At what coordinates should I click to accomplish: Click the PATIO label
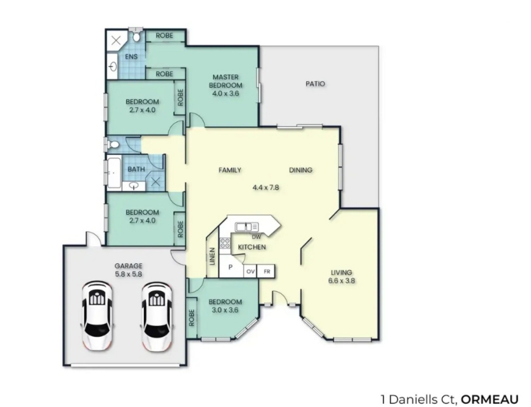pos(315,84)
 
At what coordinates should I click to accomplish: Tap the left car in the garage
pos(97,316)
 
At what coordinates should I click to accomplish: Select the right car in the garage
pos(157,316)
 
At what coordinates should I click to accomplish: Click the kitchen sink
pos(247,227)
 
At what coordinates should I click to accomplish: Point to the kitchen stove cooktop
pos(225,243)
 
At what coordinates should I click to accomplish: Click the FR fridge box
pos(267,272)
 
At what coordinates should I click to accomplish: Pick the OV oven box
pos(250,272)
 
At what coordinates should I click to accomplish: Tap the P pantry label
pos(230,267)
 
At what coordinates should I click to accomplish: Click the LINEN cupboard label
pos(213,256)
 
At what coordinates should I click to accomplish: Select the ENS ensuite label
pos(131,56)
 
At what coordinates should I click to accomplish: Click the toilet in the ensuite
pos(136,36)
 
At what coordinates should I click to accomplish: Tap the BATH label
pos(136,169)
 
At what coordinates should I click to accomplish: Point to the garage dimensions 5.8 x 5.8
pos(129,275)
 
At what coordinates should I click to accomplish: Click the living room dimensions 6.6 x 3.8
pos(341,281)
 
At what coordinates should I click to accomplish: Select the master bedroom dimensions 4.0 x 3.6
pos(226,93)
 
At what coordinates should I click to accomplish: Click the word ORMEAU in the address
pos(490,399)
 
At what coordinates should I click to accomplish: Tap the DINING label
pos(300,170)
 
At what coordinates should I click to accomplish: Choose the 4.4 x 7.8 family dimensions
pos(266,187)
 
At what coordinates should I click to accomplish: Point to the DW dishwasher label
pos(256,237)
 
